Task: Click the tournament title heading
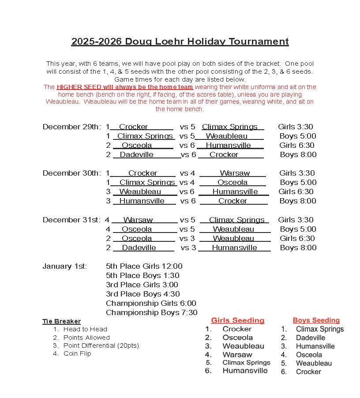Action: [x=180, y=41]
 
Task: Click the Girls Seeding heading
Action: [x=237, y=320]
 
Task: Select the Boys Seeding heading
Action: [x=316, y=320]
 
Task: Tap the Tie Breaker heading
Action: [x=61, y=321]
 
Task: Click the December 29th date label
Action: [x=71, y=127]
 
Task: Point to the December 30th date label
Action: [x=71, y=173]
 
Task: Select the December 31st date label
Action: [x=71, y=220]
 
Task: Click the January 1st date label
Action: [x=64, y=266]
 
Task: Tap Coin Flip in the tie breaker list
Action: [x=77, y=353]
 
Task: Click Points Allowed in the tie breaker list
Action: [x=86, y=338]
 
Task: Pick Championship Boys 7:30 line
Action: [x=151, y=312]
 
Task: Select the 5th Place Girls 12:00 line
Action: [x=144, y=266]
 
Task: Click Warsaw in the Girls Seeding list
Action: [x=237, y=354]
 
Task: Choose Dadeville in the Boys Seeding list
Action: [x=311, y=338]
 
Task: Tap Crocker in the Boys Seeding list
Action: [x=308, y=372]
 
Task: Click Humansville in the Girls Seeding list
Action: [x=245, y=371]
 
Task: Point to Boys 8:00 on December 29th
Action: [x=298, y=154]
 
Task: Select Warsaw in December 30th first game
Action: [x=235, y=173]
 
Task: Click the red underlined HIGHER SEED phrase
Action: [x=125, y=87]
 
